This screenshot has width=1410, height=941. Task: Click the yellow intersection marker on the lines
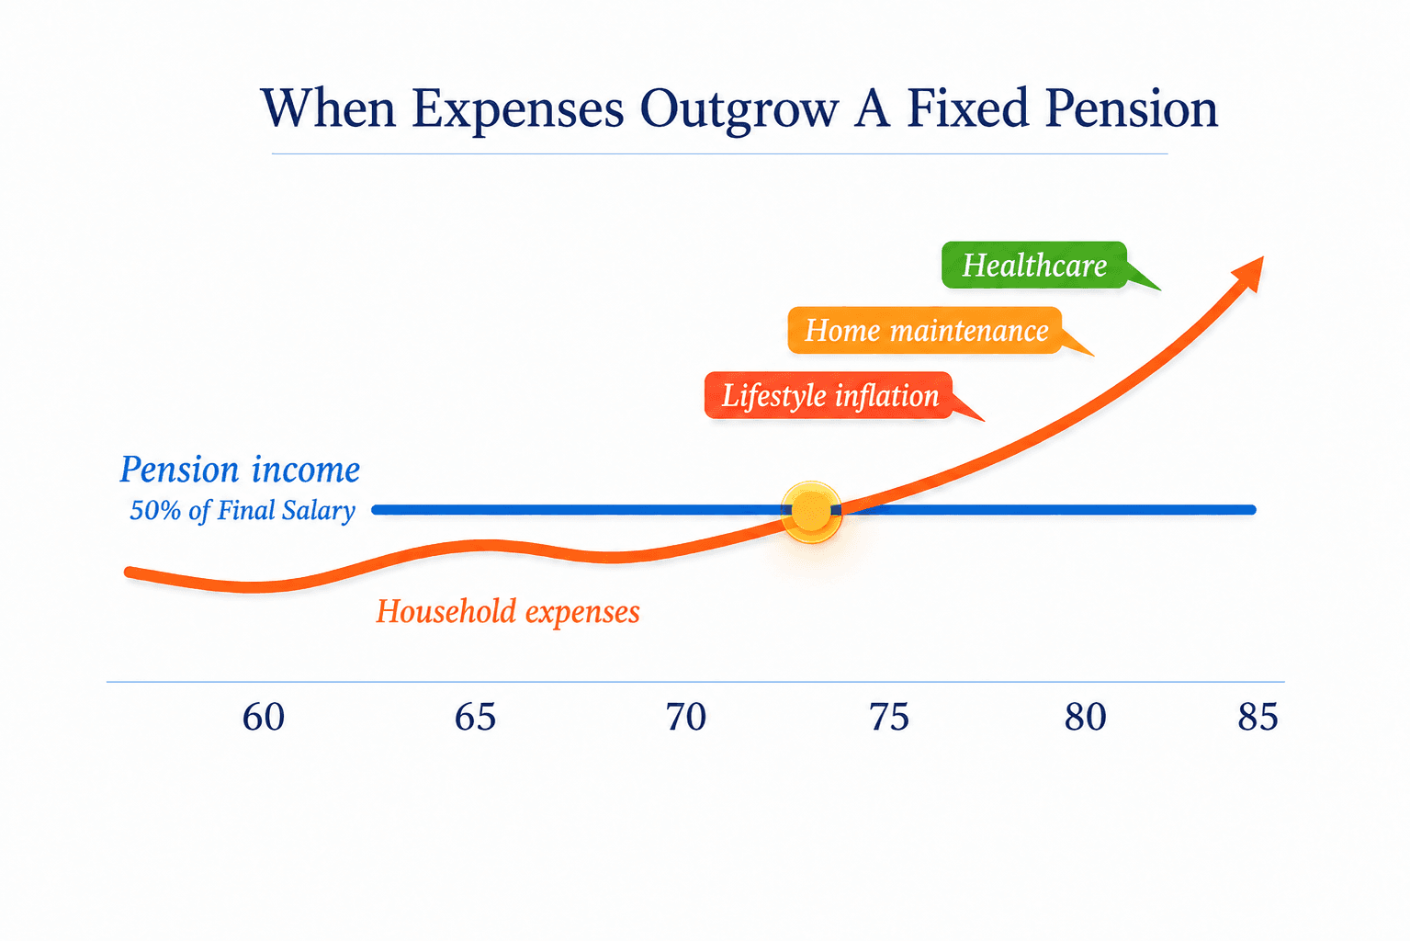[x=811, y=511]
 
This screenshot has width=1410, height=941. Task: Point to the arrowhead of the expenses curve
[x=1250, y=273]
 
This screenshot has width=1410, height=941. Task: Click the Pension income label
[x=240, y=470]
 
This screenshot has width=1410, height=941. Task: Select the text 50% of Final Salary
[x=243, y=511]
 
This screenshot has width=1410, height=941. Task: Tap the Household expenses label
[x=508, y=612]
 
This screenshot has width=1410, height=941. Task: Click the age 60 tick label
[x=263, y=717]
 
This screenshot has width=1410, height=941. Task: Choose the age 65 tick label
[x=475, y=717]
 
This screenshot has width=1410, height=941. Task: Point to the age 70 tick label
[x=686, y=717]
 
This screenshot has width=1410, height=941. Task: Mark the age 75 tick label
[x=889, y=717]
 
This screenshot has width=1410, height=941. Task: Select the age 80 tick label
[x=1085, y=717]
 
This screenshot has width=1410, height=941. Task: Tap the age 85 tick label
[x=1258, y=717]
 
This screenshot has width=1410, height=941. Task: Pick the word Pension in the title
[x=1132, y=108]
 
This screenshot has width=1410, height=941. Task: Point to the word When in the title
[x=328, y=108]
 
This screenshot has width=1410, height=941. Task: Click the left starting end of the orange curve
[x=129, y=573]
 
